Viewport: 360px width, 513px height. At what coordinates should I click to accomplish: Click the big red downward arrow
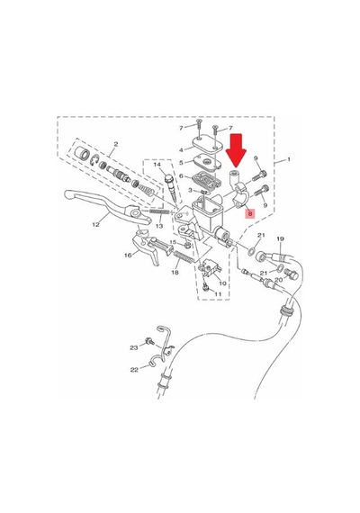click(x=238, y=149)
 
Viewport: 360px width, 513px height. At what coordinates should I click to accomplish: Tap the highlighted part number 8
click(x=251, y=213)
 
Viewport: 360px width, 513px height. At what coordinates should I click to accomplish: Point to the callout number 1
click(x=288, y=159)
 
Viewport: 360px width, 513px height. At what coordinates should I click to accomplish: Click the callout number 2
click(x=115, y=144)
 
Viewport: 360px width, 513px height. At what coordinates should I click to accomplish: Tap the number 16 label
click(x=128, y=255)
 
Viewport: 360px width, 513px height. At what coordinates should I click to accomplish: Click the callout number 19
click(x=280, y=239)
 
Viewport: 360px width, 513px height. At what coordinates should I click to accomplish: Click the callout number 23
click(x=134, y=347)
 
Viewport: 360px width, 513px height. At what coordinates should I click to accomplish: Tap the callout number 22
click(x=134, y=370)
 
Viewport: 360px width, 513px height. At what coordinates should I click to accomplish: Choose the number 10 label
click(x=222, y=283)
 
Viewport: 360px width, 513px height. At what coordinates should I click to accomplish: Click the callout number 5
click(x=182, y=162)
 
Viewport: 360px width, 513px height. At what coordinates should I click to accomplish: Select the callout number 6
click(x=182, y=176)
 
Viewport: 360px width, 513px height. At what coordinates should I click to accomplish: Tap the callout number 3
click(x=191, y=190)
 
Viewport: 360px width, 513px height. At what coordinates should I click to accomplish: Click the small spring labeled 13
click(x=159, y=212)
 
